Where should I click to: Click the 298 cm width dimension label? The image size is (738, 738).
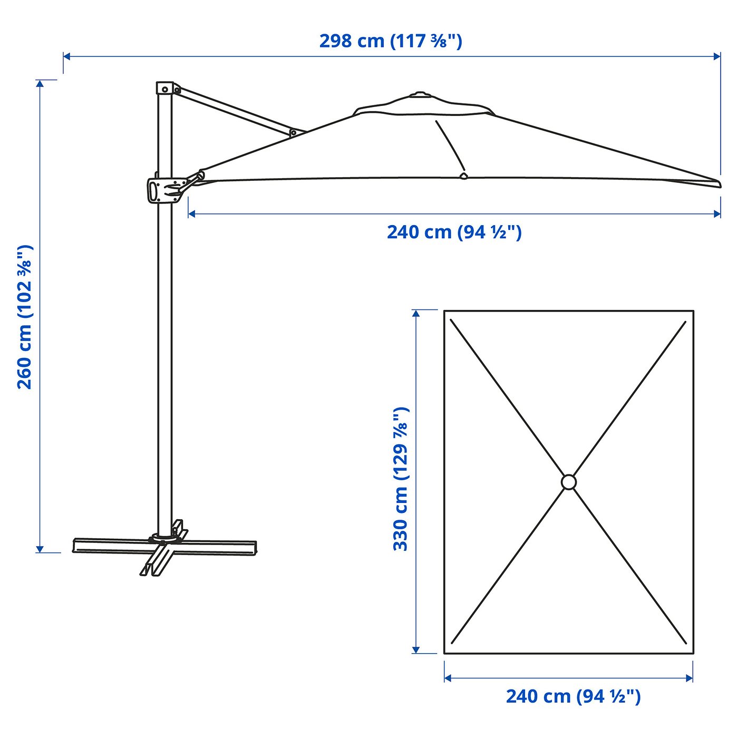(391, 41)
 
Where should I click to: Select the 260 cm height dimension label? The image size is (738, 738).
(25, 317)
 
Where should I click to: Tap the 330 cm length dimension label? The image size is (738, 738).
(401, 479)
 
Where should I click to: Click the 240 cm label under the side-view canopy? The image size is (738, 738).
(454, 232)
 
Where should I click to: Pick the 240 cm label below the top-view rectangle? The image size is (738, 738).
(573, 696)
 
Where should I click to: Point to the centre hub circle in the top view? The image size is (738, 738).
(569, 482)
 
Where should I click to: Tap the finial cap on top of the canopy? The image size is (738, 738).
(420, 94)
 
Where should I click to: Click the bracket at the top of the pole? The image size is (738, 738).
(165, 88)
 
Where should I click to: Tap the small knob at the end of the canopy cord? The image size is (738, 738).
(463, 176)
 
